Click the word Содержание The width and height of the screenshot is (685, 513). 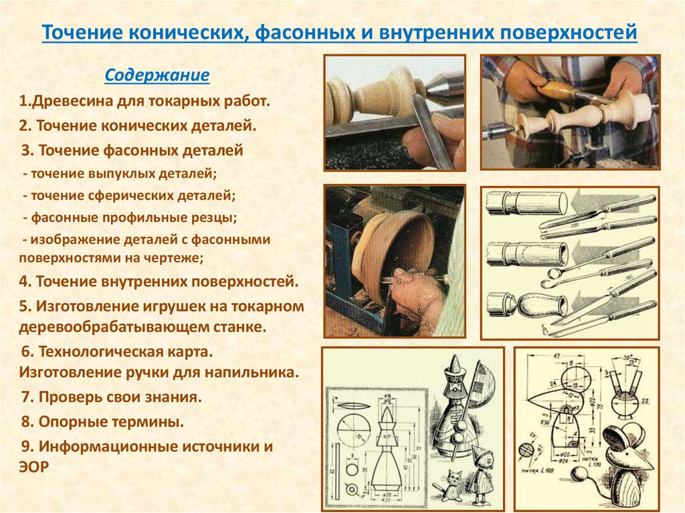tap(157, 76)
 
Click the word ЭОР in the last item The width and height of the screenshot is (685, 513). tap(34, 467)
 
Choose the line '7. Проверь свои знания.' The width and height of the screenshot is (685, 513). tap(111, 397)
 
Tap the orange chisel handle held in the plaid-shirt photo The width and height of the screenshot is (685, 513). tap(559, 88)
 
